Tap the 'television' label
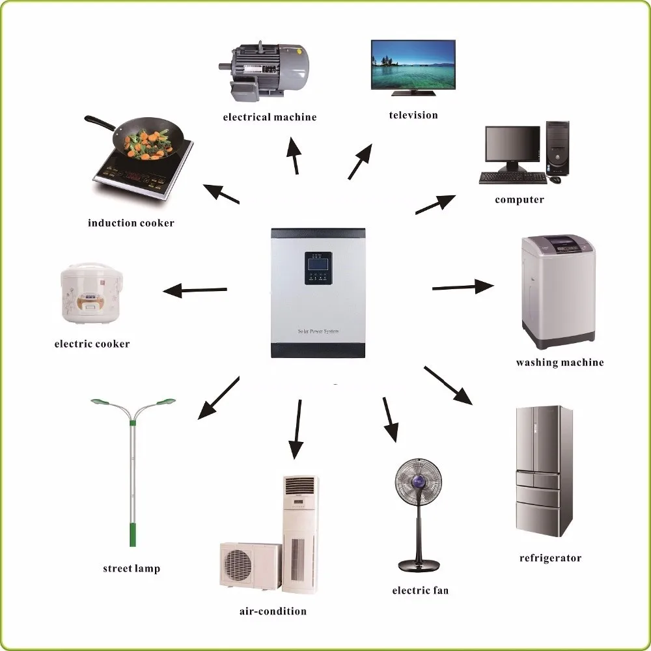click(x=413, y=115)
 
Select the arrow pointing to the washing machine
click(x=463, y=286)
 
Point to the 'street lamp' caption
click(x=131, y=568)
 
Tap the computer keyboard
click(x=512, y=178)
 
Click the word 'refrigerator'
click(x=550, y=558)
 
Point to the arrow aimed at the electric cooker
click(x=195, y=290)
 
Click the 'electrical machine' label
click(x=270, y=117)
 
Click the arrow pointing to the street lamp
click(x=219, y=397)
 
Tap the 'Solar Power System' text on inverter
click(x=318, y=331)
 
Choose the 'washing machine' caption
click(x=560, y=363)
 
